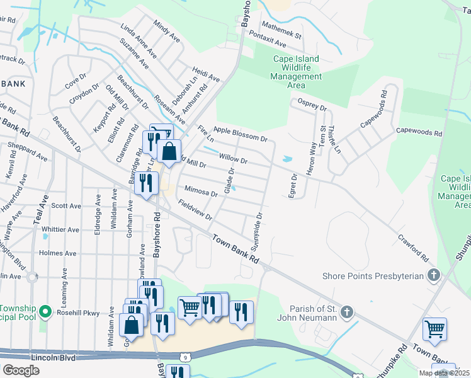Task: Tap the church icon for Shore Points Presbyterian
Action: [x=433, y=275]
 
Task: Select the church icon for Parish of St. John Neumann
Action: [x=346, y=312]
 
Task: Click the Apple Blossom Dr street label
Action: [x=241, y=134]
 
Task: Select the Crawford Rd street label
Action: [x=413, y=249]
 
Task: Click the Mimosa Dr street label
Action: [x=201, y=191]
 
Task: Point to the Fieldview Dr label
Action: [x=196, y=210]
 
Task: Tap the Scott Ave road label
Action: [x=66, y=205]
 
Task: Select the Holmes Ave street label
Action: [x=57, y=253]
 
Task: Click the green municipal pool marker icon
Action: [x=45, y=312]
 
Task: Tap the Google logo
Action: [x=21, y=370]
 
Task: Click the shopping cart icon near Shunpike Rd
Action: [x=434, y=328]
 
